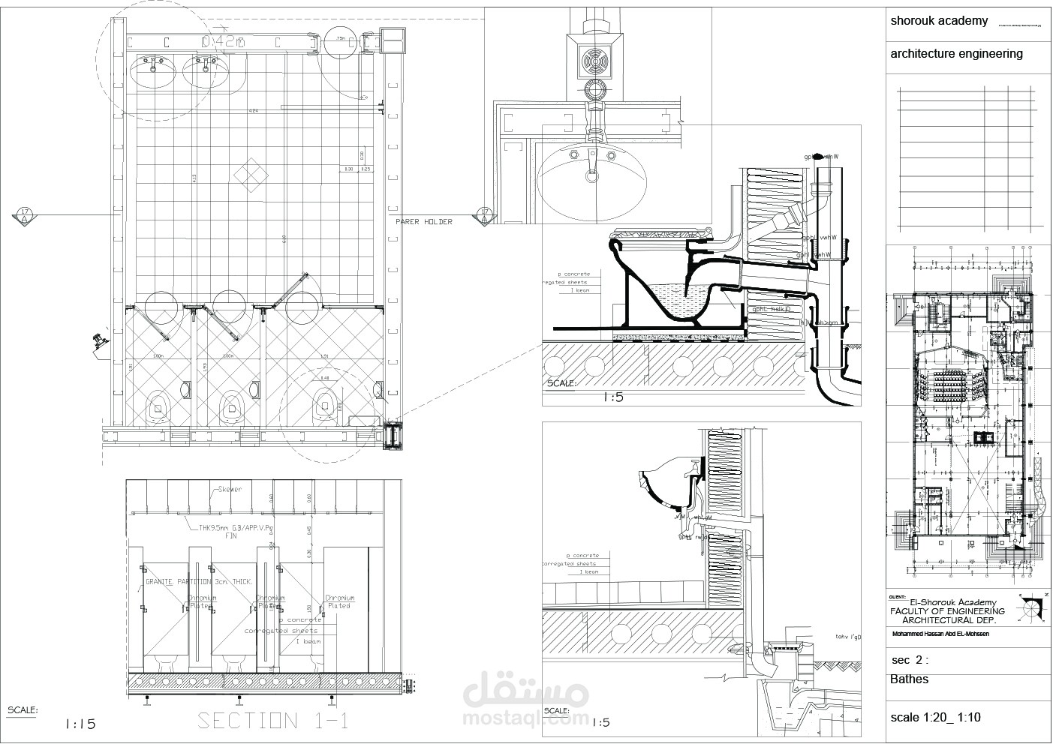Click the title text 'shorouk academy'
[939, 20]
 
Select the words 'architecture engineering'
[956, 53]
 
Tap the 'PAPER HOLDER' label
[424, 222]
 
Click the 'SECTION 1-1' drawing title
[273, 721]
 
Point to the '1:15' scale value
[80, 724]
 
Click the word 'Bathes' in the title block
[909, 679]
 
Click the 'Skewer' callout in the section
[230, 490]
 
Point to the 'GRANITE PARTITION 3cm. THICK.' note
[199, 581]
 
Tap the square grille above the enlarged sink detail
[597, 62]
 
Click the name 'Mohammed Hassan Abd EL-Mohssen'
[940, 634]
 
